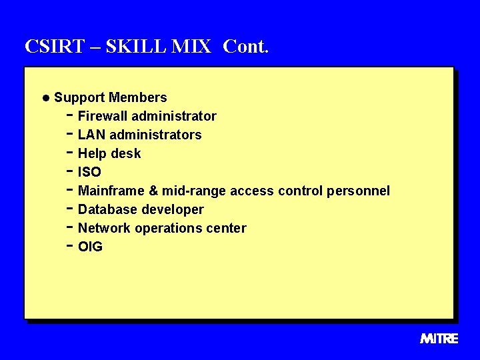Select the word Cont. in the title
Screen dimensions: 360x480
(245, 47)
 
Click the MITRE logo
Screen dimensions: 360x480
(439, 339)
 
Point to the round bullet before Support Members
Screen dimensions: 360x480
(45, 98)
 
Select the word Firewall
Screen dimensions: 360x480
(103, 116)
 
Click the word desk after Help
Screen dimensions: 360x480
(126, 153)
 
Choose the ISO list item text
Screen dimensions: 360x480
(89, 172)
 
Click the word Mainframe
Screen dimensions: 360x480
(111, 191)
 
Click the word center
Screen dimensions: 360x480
(225, 228)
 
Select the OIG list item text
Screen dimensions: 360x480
(90, 247)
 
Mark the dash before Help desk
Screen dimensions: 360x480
(70, 152)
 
